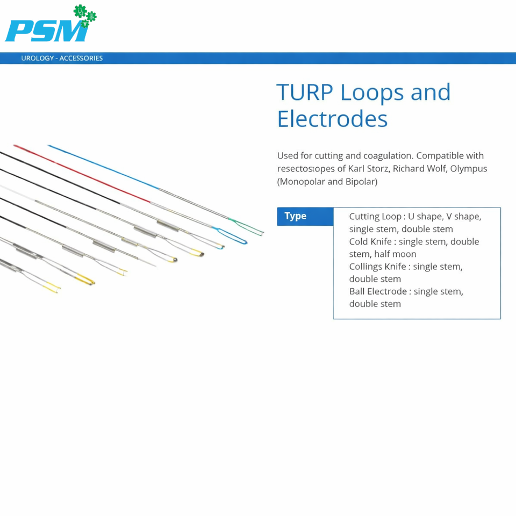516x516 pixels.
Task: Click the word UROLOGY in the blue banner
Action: pyautogui.click(x=38, y=58)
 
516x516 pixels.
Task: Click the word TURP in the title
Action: pyautogui.click(x=305, y=92)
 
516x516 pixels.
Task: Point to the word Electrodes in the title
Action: pyautogui.click(x=332, y=119)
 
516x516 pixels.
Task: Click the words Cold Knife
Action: pyautogui.click(x=370, y=241)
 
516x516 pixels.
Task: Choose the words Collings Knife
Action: pyautogui.click(x=377, y=266)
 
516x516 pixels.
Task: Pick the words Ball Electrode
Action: pyautogui.click(x=378, y=291)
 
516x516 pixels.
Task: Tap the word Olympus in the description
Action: pyautogui.click(x=468, y=169)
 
